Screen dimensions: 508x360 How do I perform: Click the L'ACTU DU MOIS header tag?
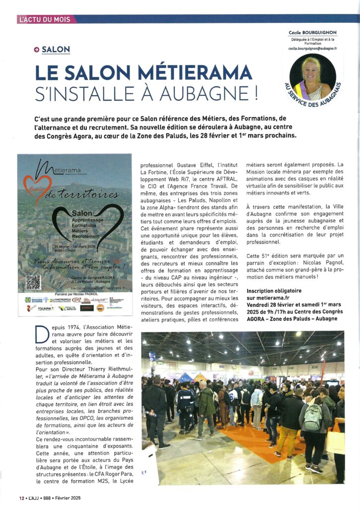coord(46,19)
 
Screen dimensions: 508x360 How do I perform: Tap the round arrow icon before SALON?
coord(36,50)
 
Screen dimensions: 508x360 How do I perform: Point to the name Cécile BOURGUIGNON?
coord(312,33)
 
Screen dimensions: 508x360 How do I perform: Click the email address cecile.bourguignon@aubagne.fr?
coord(312,49)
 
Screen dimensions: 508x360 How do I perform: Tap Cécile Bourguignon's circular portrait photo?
coord(312,76)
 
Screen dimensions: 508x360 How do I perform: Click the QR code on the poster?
coord(33,282)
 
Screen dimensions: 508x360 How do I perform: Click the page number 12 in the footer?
coord(21,498)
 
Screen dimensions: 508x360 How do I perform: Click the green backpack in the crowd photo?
coord(313,417)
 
